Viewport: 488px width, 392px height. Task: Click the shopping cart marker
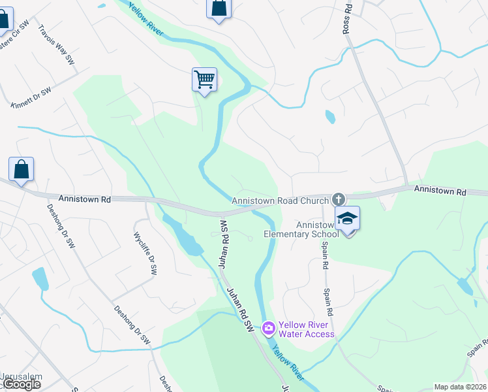pyautogui.click(x=204, y=80)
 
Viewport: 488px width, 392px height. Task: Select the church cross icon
pyautogui.click(x=338, y=199)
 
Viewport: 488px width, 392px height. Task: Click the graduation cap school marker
pyautogui.click(x=347, y=219)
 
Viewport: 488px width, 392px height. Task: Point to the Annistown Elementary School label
pyautogui.click(x=299, y=229)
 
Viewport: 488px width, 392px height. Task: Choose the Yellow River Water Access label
pyautogui.click(x=306, y=329)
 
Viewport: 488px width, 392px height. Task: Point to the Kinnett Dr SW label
pyautogui.click(x=31, y=97)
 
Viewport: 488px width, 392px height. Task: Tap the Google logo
pyautogui.click(x=21, y=384)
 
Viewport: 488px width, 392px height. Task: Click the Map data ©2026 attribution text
pyautogui.click(x=460, y=387)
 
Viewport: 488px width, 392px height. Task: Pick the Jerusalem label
pyautogui.click(x=22, y=377)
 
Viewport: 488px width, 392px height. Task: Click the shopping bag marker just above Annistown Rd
pyautogui.click(x=21, y=170)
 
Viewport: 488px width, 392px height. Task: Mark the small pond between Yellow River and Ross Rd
pyautogui.click(x=330, y=117)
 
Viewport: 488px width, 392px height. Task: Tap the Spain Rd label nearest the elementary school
pyautogui.click(x=324, y=254)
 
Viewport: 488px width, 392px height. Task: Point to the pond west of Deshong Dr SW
pyautogui.click(x=40, y=279)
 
